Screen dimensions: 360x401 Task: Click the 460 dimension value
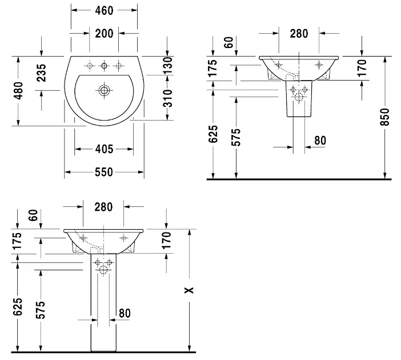coord(103,10)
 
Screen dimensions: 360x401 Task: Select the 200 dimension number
coord(103,33)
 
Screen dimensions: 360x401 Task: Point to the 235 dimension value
coord(42,73)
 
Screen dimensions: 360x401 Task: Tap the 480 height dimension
coord(18,90)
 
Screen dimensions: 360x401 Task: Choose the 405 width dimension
coord(103,149)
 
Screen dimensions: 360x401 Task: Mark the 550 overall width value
coord(103,171)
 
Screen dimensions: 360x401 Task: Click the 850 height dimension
coord(384,118)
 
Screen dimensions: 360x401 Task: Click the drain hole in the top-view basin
coord(104,90)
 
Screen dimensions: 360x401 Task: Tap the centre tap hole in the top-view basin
coord(104,66)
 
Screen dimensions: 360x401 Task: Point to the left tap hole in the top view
coord(89,65)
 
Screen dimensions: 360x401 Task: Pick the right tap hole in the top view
coord(119,65)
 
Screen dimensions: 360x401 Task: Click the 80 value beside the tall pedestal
coord(125,313)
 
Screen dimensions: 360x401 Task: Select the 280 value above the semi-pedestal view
coord(298,33)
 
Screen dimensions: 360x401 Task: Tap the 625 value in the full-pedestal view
coord(18,307)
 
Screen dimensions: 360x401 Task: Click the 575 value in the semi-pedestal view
coord(236,138)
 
